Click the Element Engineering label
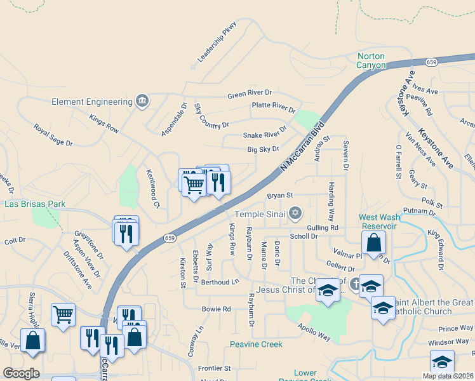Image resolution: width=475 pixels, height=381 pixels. pos(91,102)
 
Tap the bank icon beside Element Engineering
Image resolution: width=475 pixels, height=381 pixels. pos(142,100)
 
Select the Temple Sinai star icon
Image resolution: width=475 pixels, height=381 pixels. pos(295,213)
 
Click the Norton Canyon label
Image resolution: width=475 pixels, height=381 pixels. pos(371,60)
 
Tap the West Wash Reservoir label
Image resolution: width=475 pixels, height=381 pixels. pos(380,221)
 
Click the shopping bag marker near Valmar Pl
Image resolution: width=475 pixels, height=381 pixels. pos(374,243)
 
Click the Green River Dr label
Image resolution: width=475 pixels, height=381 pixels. pos(250,95)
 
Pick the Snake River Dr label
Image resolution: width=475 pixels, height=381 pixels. pos(261,135)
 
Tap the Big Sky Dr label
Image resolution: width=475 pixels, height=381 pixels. pos(263,149)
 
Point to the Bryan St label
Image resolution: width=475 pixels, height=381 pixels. pos(279,196)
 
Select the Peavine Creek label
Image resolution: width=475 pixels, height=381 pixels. pos(251,344)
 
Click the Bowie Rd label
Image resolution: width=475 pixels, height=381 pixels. pos(216,309)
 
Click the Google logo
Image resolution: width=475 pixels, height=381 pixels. pos(21,373)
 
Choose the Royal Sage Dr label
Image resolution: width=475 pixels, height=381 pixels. pos(54,135)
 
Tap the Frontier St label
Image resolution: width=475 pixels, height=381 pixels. pos(214,368)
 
